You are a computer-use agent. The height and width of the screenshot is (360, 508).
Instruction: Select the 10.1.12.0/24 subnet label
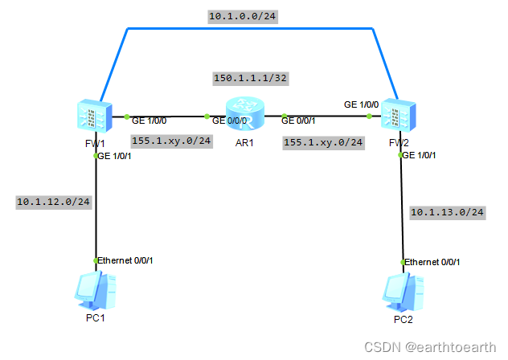(53, 202)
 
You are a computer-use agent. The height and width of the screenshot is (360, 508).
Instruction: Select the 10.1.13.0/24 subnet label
(448, 212)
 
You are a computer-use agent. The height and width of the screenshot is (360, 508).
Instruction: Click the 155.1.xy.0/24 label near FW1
(171, 140)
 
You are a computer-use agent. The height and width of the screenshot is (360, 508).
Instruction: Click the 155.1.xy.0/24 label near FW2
(323, 142)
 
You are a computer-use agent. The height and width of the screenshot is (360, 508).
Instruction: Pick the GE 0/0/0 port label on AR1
(229, 121)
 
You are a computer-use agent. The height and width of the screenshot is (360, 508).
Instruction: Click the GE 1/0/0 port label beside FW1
(150, 121)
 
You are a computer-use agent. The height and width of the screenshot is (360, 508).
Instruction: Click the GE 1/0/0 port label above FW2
(361, 104)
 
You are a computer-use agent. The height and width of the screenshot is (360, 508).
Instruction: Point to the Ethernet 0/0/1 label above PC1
(125, 261)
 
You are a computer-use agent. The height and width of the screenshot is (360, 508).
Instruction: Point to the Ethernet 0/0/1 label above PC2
(432, 262)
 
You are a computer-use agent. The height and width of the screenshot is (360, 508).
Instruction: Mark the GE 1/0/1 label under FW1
(115, 156)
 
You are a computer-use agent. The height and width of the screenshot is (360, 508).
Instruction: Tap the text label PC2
(403, 320)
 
